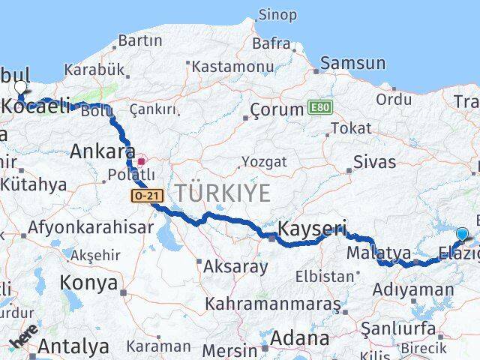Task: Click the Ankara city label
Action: (x=102, y=152)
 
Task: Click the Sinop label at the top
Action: (x=277, y=14)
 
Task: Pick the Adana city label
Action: (x=299, y=338)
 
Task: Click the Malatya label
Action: (x=378, y=253)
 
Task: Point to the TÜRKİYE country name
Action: (x=223, y=193)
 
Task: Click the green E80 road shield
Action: (x=318, y=109)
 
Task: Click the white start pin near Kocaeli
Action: (x=19, y=87)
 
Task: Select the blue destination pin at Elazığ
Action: (x=461, y=235)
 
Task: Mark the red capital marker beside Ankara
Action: (x=142, y=160)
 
